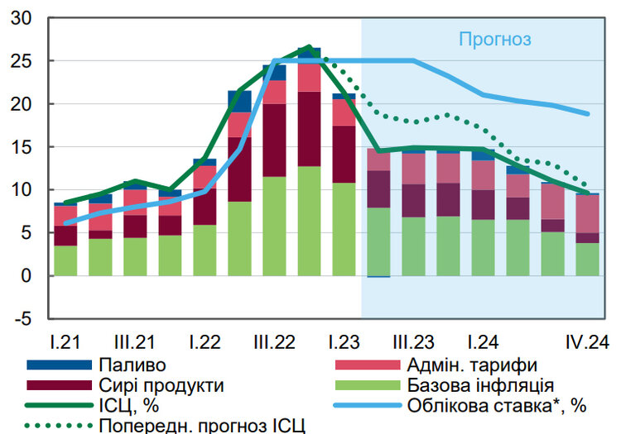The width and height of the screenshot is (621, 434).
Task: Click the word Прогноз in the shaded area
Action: (x=494, y=39)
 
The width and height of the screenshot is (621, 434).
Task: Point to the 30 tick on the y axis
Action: (x=22, y=19)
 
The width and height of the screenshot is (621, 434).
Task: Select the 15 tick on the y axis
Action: (x=22, y=147)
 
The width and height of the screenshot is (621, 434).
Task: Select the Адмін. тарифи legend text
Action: (x=472, y=365)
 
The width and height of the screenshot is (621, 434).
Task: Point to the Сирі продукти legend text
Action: (x=161, y=385)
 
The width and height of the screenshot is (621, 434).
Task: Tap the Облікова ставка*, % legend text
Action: (x=497, y=406)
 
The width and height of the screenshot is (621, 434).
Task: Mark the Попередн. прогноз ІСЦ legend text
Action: (x=201, y=426)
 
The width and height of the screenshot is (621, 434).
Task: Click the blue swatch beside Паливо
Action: (x=57, y=365)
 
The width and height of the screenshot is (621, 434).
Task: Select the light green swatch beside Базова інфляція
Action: (x=365, y=385)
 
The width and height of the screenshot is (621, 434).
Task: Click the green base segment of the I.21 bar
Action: (x=65, y=260)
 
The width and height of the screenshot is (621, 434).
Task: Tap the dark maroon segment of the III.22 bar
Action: (x=273, y=140)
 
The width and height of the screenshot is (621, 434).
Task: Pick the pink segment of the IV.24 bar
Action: (x=587, y=213)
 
